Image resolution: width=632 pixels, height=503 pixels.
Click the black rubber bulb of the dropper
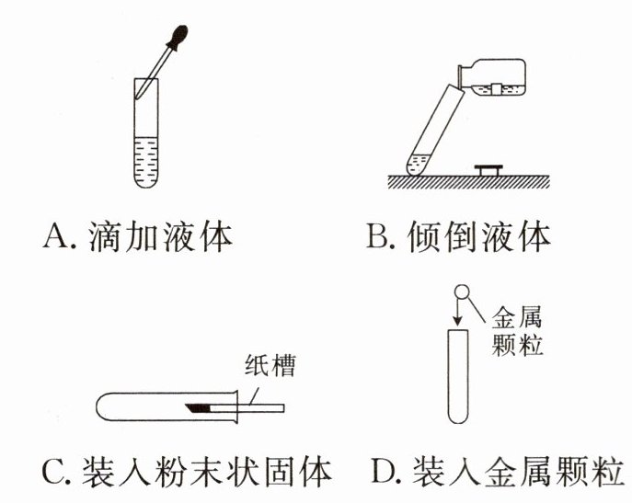coord(178,37)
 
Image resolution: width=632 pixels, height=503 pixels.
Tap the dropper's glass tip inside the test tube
coord(138,95)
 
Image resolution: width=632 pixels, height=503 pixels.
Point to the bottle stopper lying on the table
coord(488,170)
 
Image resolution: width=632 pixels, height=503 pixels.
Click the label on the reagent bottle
coord(497,88)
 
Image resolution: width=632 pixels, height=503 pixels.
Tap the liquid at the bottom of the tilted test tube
coord(418,166)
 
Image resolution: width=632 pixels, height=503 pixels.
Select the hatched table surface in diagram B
coord(468,182)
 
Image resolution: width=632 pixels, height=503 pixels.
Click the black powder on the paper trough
coord(199,408)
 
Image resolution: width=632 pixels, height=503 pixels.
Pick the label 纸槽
coord(270,366)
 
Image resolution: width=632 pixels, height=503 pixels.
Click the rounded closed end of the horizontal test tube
coord(102,406)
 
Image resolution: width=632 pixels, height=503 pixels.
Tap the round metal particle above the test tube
coord(462,292)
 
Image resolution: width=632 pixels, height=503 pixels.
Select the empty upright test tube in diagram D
coord(458,376)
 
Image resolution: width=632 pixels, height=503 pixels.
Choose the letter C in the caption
coord(52,472)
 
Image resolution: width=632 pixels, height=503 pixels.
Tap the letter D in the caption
coord(383,471)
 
